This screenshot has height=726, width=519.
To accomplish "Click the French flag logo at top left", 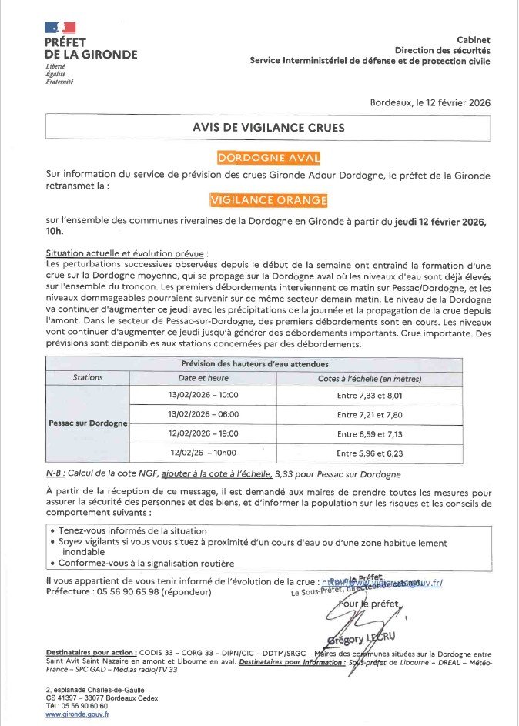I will pyautogui.click(x=60, y=28).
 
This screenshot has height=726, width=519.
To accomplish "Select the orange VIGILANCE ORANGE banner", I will pyautogui.click(x=269, y=200).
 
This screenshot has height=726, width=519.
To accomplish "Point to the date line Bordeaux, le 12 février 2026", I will pyautogui.click(x=430, y=102).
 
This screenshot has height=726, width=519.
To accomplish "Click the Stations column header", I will pyautogui.click(x=88, y=378).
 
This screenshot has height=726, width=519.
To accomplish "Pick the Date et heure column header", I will pyautogui.click(x=203, y=378).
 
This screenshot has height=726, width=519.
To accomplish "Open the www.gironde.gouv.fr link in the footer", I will pyautogui.click(x=77, y=714).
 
